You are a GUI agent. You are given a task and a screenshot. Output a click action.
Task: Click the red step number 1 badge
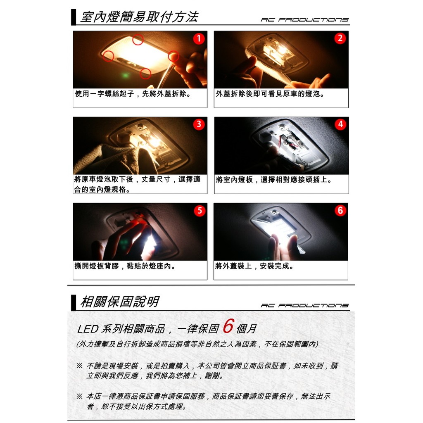click(199, 38)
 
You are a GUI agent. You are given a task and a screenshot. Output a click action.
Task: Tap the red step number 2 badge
click(340, 38)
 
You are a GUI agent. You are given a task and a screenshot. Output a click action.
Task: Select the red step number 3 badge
click(199, 124)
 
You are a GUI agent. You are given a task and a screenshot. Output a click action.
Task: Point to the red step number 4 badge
click(340, 124)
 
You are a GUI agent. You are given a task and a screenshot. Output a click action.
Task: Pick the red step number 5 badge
click(200, 210)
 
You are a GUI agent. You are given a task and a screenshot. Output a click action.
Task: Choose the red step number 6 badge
click(340, 210)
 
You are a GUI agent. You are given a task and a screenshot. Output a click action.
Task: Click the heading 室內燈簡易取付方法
click(140, 17)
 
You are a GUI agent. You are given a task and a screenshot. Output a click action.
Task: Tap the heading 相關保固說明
click(120, 302)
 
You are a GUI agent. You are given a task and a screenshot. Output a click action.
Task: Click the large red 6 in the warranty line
click(228, 326)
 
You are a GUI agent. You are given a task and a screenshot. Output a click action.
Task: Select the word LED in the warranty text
click(88, 329)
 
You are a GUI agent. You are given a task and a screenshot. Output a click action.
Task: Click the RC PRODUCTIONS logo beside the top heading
click(305, 20)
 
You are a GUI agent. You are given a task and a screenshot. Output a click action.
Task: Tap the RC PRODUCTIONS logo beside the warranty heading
click(305, 305)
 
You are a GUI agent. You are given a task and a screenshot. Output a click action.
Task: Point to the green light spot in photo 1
click(125, 75)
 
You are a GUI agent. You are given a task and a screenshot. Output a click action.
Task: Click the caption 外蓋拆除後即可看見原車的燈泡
click(270, 94)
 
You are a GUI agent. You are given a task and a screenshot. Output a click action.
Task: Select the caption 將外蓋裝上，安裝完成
click(254, 266)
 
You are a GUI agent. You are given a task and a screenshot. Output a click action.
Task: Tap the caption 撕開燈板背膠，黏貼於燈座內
click(125, 266)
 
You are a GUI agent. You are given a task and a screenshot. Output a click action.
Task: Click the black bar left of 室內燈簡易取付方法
click(74, 17)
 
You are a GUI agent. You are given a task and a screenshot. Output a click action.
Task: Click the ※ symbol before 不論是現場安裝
click(79, 366)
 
